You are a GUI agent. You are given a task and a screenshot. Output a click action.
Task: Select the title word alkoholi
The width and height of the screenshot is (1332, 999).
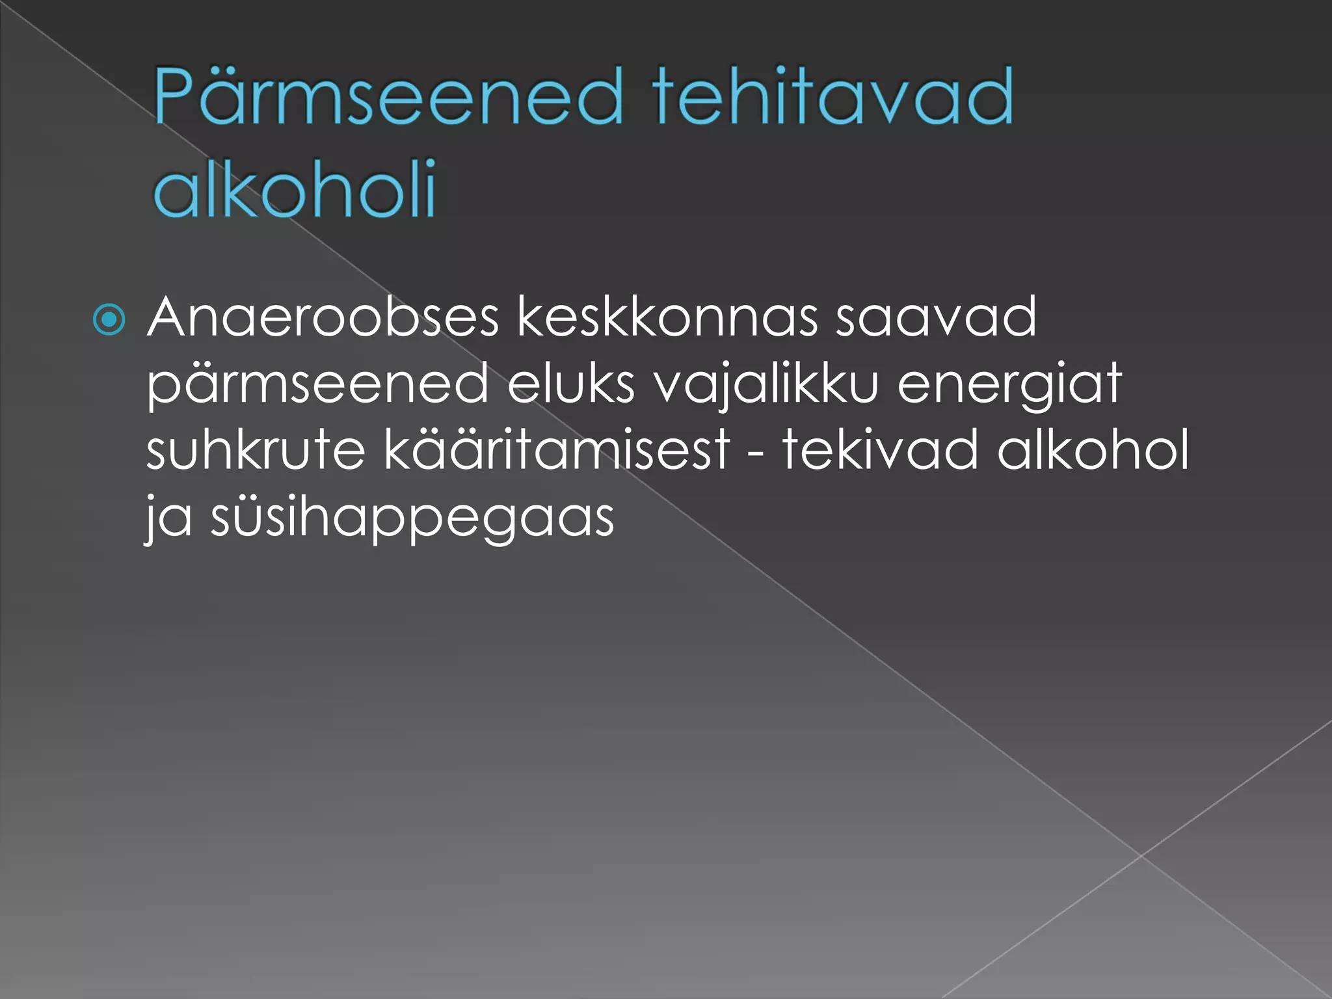pyautogui.click(x=294, y=189)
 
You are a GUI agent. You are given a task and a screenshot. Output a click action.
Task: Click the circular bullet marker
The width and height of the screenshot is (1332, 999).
pyautogui.click(x=109, y=320)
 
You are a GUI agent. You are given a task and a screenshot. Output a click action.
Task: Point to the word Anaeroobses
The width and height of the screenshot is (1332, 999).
pyautogui.click(x=323, y=318)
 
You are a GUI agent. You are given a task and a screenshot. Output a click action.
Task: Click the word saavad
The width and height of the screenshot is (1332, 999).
pyautogui.click(x=936, y=318)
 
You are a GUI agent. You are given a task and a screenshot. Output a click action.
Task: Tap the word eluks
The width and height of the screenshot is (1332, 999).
pyautogui.click(x=570, y=385)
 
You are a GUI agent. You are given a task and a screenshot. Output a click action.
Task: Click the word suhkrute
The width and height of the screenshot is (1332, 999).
pyautogui.click(x=256, y=450)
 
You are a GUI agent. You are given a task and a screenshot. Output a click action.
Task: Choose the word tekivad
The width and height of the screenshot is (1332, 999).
pyautogui.click(x=880, y=450)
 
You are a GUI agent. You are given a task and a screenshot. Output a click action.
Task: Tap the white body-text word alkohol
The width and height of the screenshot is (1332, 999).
pyautogui.click(x=1093, y=450)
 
